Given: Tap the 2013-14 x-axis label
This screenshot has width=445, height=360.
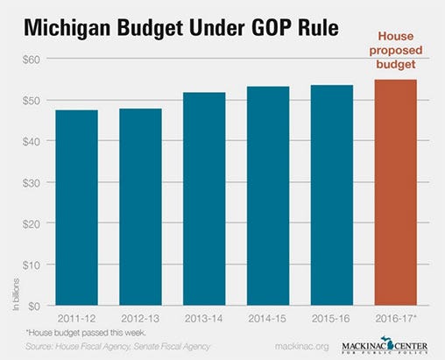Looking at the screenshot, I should coord(206,321).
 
